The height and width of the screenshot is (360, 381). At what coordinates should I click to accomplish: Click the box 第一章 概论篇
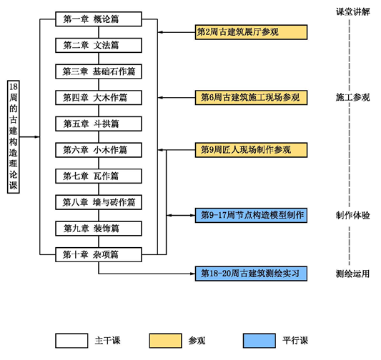click(99, 19)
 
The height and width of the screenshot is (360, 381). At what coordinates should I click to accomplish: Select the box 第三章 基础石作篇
click(99, 71)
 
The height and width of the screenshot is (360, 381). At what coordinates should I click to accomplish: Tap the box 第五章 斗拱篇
click(99, 124)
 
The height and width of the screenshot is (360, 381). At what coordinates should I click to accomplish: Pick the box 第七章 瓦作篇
click(99, 176)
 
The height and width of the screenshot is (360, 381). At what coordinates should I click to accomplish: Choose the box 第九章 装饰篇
click(99, 229)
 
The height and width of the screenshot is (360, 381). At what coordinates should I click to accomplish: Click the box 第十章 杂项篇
click(99, 255)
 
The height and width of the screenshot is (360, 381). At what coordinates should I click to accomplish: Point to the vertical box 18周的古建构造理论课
click(14, 137)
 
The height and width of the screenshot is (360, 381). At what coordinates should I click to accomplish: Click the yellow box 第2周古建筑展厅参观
click(251, 32)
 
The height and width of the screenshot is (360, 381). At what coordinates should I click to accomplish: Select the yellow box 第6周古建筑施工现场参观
click(251, 98)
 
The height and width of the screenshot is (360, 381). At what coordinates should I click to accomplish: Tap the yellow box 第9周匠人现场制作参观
click(251, 150)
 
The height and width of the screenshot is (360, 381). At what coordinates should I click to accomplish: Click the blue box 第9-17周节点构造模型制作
click(251, 215)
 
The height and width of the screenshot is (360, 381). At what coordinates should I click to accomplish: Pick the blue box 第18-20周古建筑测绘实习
click(251, 274)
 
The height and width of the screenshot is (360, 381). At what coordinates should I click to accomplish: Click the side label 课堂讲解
click(353, 11)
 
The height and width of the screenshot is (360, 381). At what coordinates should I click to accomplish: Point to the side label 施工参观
click(353, 97)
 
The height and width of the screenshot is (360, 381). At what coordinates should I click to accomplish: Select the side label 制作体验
click(353, 215)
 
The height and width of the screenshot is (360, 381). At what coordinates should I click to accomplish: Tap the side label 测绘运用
click(353, 274)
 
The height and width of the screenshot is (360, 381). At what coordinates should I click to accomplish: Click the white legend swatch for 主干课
click(71, 341)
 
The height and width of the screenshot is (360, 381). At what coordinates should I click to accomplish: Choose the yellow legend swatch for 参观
click(166, 341)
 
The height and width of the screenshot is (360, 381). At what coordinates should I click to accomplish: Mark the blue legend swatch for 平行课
click(259, 341)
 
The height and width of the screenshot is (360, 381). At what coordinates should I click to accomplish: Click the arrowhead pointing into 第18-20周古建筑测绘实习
click(193, 274)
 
